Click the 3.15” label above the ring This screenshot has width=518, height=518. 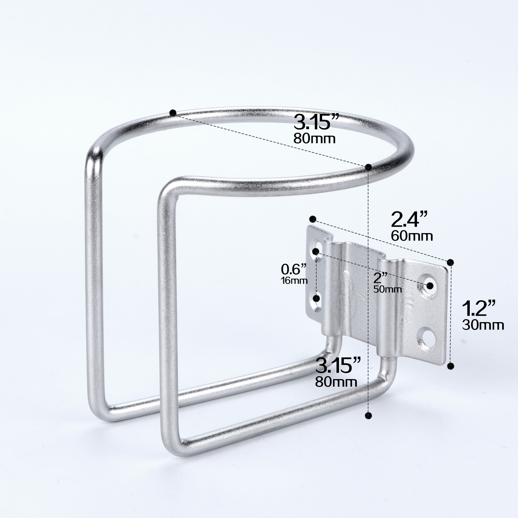(316, 122)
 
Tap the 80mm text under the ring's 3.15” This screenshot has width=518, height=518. (314, 139)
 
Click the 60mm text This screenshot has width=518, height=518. (411, 236)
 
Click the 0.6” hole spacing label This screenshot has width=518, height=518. (294, 269)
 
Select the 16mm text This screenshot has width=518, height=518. (294, 281)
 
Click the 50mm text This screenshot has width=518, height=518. (388, 289)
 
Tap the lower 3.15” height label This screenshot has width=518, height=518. (338, 365)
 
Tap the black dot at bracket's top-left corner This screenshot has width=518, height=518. (312, 219)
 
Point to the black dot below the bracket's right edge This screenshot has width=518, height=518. (450, 366)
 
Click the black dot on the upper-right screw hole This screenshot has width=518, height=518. (430, 286)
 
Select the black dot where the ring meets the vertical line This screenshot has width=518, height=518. (368, 167)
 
